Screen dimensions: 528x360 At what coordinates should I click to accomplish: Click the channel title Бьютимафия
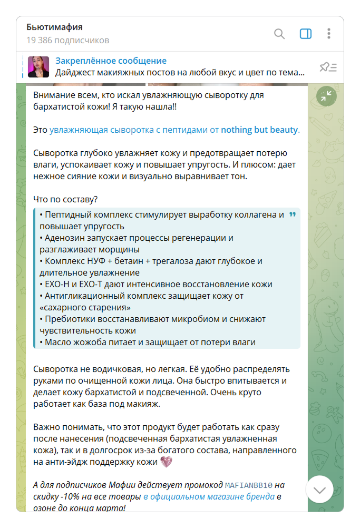tap(55, 27)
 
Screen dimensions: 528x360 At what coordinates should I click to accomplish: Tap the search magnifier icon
tap(279, 34)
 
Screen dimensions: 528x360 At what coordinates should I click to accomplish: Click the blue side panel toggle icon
tap(306, 34)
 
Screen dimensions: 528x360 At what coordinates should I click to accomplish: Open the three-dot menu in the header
tap(329, 34)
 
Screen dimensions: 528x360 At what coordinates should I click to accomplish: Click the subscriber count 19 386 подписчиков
tap(68, 40)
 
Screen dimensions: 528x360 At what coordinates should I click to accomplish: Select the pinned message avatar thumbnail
tap(38, 67)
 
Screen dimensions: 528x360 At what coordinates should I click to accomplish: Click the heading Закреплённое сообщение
tap(111, 61)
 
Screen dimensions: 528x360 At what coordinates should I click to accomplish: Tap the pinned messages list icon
tap(328, 67)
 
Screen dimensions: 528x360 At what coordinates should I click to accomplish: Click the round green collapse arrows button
tap(326, 96)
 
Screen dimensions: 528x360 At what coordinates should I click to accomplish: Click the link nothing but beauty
tap(259, 130)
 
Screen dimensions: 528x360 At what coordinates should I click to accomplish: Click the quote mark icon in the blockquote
tap(293, 215)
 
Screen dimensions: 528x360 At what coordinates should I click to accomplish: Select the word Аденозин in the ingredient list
tap(65, 238)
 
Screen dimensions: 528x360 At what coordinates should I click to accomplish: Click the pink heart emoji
tap(166, 462)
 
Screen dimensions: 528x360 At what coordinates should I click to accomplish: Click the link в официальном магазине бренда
tap(209, 497)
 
